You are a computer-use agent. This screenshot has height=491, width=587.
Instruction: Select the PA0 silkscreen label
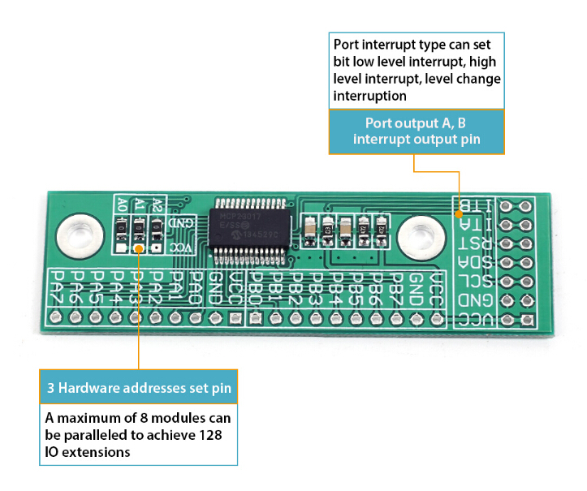[x=196, y=286]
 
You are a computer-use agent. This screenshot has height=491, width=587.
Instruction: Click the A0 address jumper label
[x=122, y=204]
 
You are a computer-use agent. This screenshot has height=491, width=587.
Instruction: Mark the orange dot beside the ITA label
[x=460, y=215]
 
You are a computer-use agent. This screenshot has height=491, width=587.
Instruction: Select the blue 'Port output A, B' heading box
[x=416, y=131]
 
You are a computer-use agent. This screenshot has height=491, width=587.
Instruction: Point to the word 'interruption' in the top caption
[x=369, y=96]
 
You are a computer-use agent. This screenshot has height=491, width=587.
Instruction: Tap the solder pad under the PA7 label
[x=56, y=317]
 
